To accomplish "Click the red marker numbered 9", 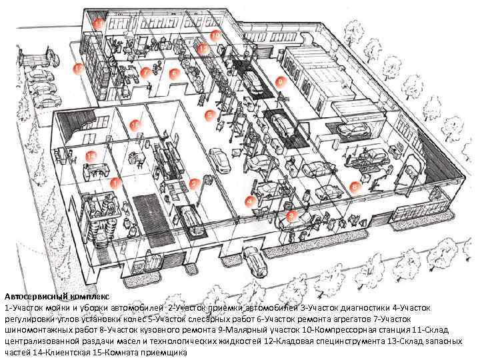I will coord(281,81).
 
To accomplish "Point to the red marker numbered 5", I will coord(209,115).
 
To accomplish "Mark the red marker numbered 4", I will coord(249,200).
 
